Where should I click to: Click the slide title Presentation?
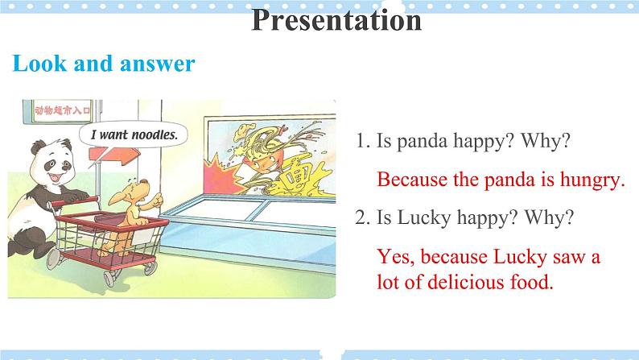click(336, 19)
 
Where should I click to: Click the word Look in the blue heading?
click(39, 64)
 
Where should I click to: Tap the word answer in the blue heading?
click(157, 64)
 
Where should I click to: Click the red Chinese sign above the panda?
click(62, 110)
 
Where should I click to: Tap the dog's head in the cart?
click(136, 192)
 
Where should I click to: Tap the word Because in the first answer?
click(412, 180)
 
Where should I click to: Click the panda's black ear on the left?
click(39, 147)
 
